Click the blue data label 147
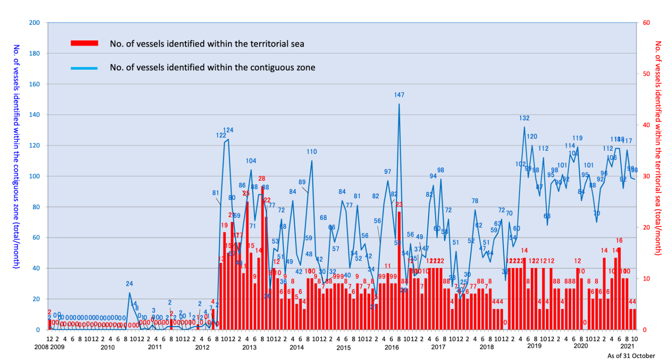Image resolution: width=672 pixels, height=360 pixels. coord(399,95)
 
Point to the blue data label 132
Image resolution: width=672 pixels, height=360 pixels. coord(524,118)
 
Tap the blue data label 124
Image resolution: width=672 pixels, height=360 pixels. coord(228,130)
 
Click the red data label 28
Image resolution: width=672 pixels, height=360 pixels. coord(262,179)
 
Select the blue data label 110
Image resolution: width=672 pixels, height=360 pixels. coord(311,152)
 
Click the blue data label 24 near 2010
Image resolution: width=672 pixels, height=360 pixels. coord(129,284)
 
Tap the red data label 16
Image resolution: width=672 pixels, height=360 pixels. coord(619,241)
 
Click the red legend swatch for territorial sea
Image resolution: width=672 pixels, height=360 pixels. coord(84,43)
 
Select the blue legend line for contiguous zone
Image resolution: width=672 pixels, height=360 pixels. coord(84,68)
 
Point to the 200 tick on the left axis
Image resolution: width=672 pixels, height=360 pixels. coord(34,23)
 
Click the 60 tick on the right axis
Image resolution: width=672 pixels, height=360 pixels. coord(646,23)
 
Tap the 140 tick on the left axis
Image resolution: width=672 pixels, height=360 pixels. coord(34,115)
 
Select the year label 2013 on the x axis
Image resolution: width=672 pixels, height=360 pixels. coord(249,347)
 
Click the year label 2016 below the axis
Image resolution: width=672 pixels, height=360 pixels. coord(392,347)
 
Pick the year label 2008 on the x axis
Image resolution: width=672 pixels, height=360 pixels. coord(41,347)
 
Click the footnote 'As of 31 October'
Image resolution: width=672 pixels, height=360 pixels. coord(631,356)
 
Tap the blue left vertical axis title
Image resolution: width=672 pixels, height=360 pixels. coord(16,156)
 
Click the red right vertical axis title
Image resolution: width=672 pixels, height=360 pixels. coord(658,148)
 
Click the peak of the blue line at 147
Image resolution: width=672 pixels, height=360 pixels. coord(399,104)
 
